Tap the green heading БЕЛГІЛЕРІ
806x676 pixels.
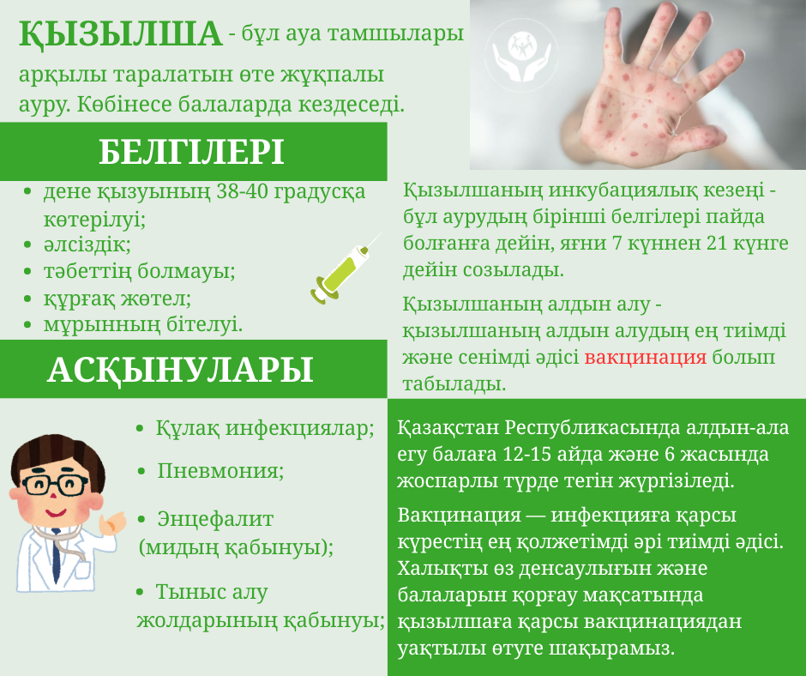191,152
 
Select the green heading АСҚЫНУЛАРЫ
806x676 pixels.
180,369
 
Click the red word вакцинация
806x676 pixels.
646,357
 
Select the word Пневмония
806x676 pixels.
220,471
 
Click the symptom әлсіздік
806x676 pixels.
87,244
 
